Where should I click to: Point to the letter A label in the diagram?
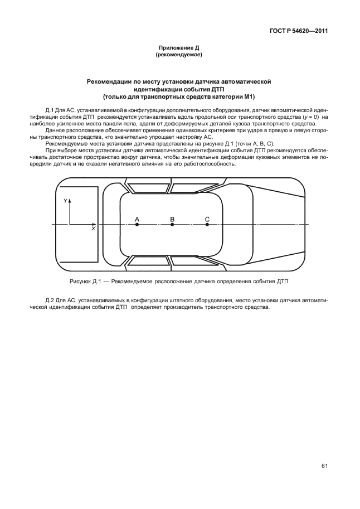tap(137, 219)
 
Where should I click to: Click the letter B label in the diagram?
tap(172, 219)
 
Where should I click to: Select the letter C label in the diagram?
tap(207, 219)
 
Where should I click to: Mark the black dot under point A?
tap(137, 225)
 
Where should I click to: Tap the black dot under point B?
tap(172, 225)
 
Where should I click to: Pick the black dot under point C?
tap(207, 225)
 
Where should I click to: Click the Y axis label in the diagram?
tap(65, 200)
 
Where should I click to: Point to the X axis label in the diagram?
tap(93, 229)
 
